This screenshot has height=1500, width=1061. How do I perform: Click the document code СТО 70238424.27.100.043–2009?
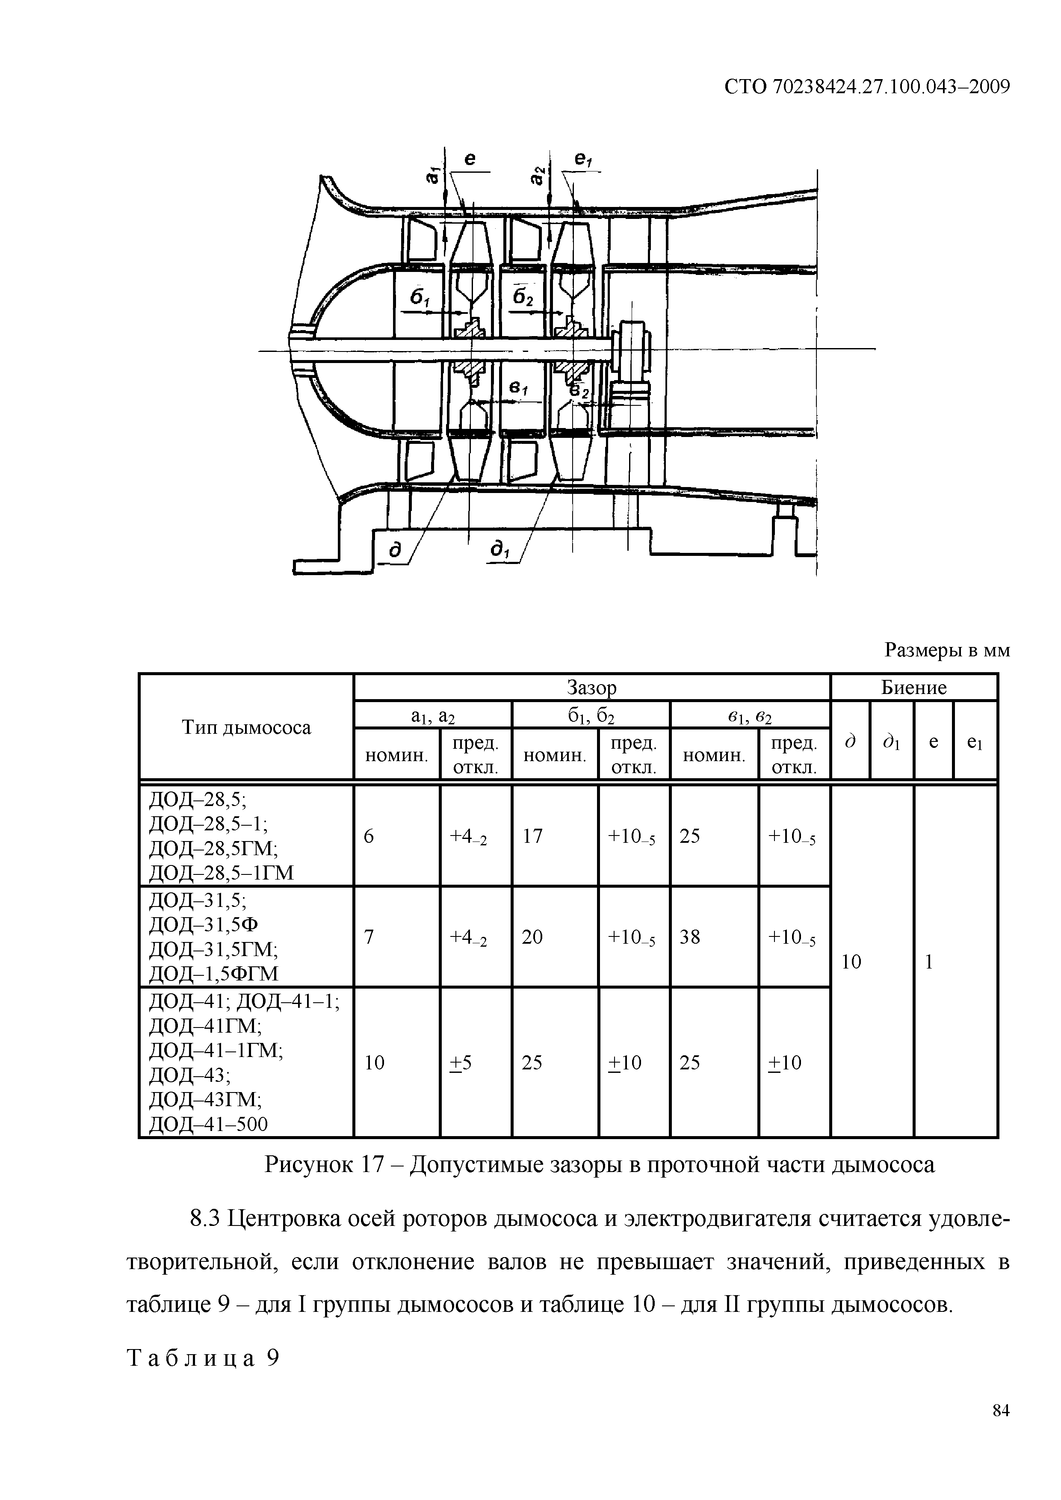pyautogui.click(x=868, y=87)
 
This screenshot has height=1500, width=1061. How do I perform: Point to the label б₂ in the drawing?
pyautogui.click(x=523, y=298)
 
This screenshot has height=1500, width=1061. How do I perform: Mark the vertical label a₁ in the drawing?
pyautogui.click(x=431, y=175)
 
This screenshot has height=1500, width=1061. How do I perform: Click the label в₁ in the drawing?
pyautogui.click(x=518, y=388)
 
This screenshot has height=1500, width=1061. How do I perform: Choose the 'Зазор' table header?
pyautogui.click(x=591, y=688)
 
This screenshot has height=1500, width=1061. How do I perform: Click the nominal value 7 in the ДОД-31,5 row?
pyautogui.click(x=369, y=937)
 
